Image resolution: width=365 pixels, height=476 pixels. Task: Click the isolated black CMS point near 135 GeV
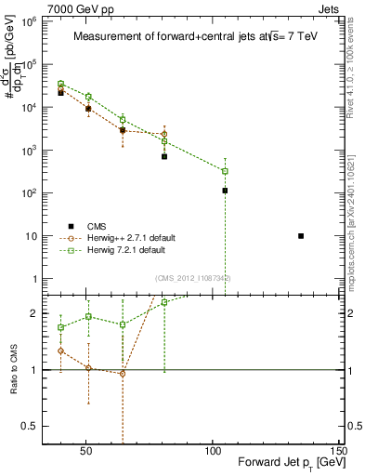pyautogui.click(x=301, y=236)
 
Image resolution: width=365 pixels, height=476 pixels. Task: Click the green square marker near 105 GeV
pyautogui.click(x=225, y=171)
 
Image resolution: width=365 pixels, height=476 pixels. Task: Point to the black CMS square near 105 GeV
pyautogui.click(x=225, y=191)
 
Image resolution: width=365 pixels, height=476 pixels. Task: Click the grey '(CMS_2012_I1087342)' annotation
pyautogui.click(x=193, y=278)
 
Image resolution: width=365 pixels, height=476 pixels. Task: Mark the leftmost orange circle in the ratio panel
pyautogui.click(x=60, y=350)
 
